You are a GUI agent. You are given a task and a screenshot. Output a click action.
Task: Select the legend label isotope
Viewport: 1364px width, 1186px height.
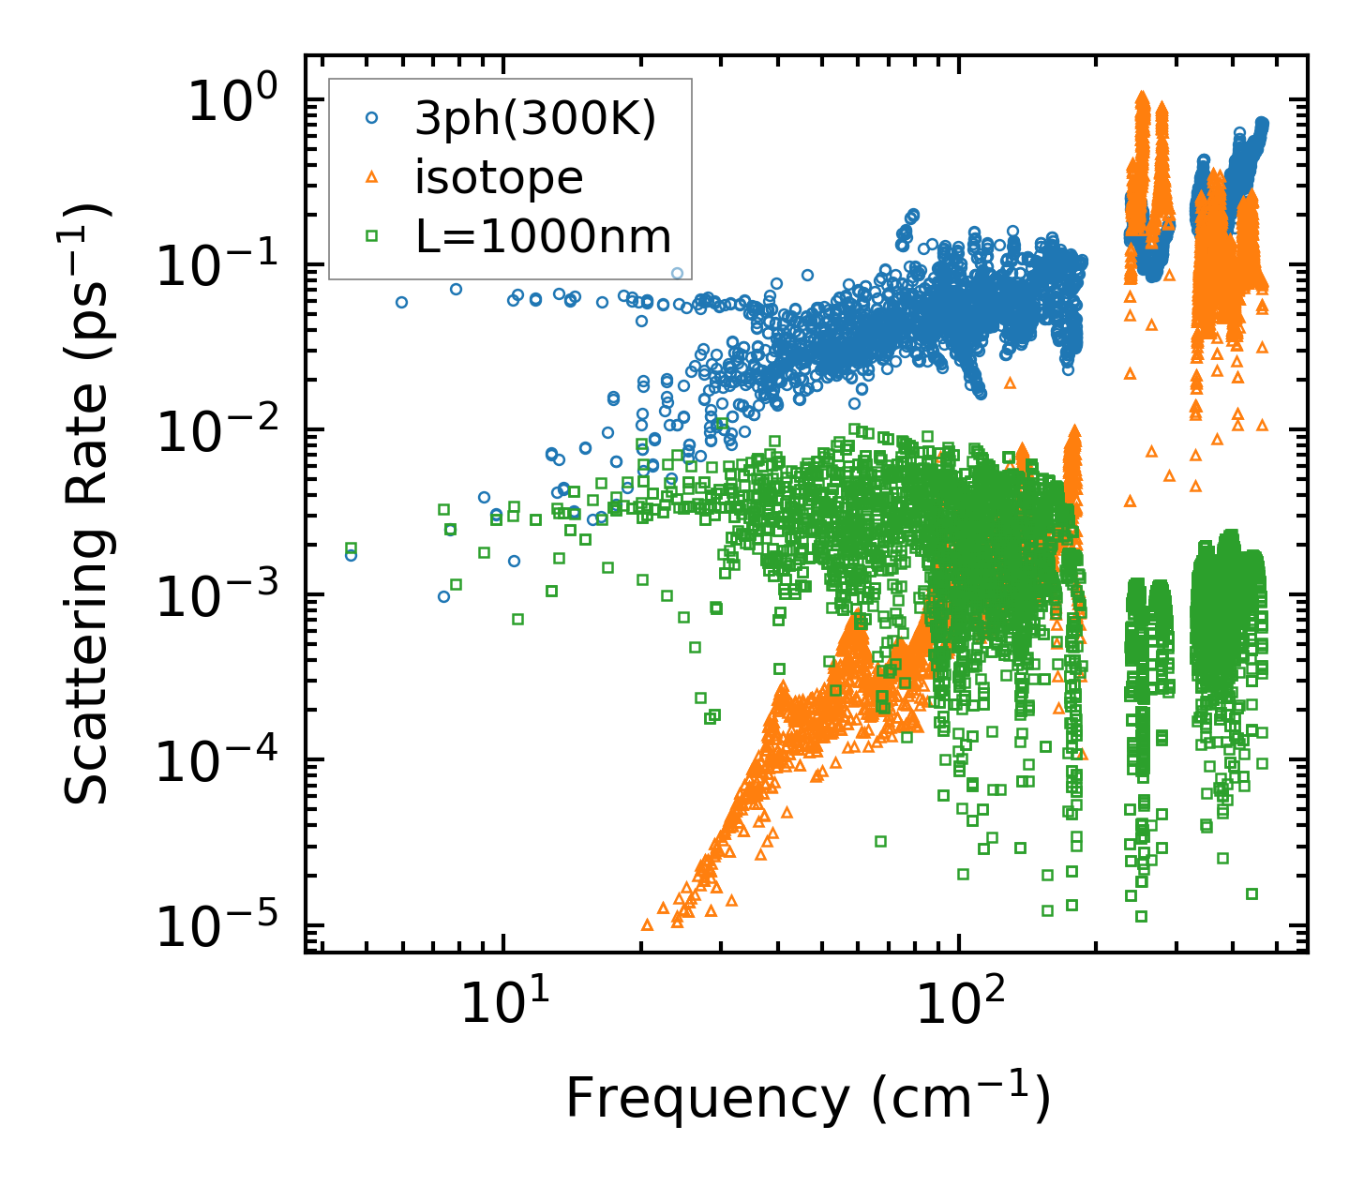click(499, 177)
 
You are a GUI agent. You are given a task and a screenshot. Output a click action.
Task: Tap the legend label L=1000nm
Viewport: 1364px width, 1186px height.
click(544, 236)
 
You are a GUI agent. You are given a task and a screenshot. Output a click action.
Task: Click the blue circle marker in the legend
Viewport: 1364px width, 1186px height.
click(372, 118)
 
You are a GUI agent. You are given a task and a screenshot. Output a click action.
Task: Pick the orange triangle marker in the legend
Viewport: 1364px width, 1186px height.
click(372, 176)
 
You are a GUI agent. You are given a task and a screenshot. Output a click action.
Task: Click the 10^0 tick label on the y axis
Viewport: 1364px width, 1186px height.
click(232, 101)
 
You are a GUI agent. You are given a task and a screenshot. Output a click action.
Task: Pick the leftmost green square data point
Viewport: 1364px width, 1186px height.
click(352, 548)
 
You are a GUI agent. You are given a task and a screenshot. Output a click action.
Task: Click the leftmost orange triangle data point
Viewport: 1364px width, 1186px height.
click(647, 924)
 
